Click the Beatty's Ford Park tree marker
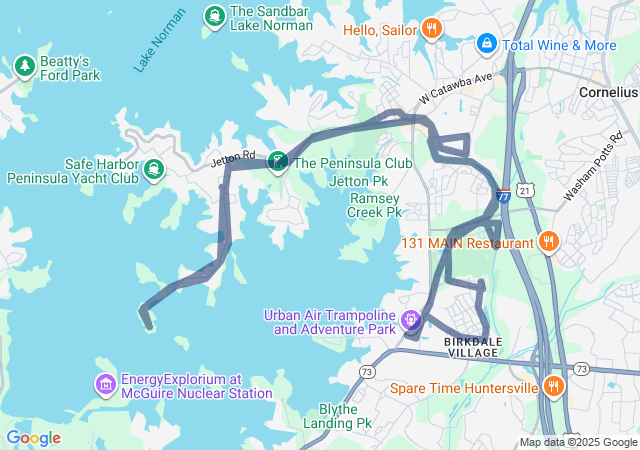(x=25, y=66)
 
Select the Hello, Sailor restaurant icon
(x=431, y=29)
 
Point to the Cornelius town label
(x=609, y=91)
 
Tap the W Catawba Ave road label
(x=456, y=89)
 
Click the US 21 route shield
(x=527, y=189)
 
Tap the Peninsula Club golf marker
(x=277, y=161)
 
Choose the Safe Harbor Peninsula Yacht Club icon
(x=153, y=169)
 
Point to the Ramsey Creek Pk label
(x=373, y=205)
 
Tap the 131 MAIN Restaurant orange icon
(x=548, y=242)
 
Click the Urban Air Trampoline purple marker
(x=410, y=321)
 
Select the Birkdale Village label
(x=475, y=347)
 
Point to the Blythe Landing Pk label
(x=345, y=416)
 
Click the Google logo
(x=33, y=437)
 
